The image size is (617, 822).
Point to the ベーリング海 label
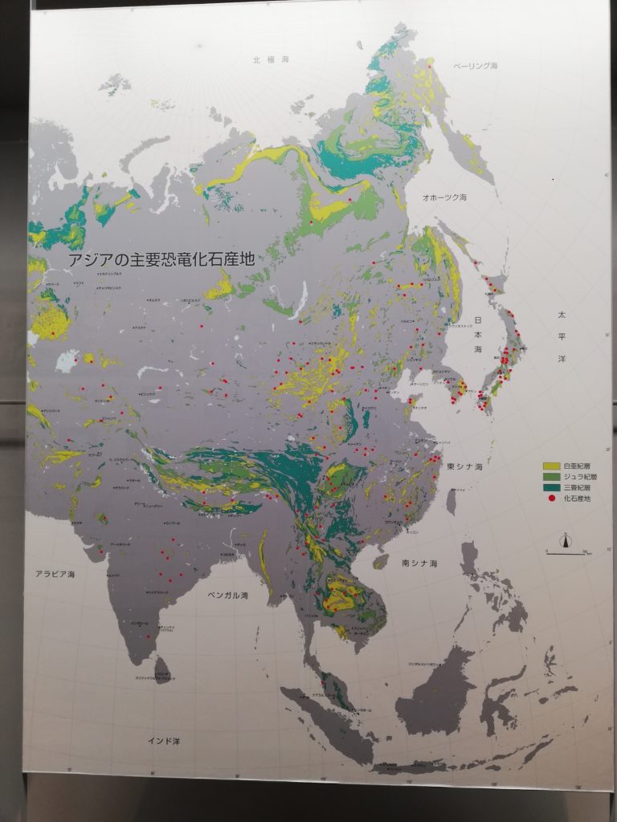coord(475,65)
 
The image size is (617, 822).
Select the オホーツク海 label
coord(448,197)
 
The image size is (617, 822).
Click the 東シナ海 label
coord(465,466)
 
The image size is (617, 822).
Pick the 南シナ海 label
coord(419,564)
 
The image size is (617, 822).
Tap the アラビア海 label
coord(54,575)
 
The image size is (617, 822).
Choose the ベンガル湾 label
coord(227,596)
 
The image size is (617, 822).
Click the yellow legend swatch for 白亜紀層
coord(551,466)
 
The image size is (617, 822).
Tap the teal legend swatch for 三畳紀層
coord(551,487)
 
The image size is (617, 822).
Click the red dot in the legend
coord(551,498)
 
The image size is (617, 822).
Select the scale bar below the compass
coord(568,552)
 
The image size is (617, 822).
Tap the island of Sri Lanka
coord(161,669)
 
